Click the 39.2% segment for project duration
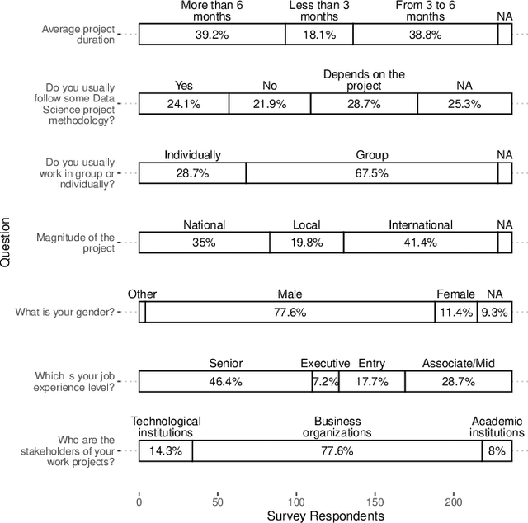[x=212, y=35]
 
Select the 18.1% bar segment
[x=318, y=35]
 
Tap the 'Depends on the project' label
[x=364, y=80]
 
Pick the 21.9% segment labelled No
[x=270, y=104]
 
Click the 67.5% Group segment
[x=372, y=173]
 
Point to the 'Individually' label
[x=192, y=155]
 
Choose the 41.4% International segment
[x=421, y=243]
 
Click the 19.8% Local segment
[x=306, y=243]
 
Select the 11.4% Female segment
[x=455, y=313]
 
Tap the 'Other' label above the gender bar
[x=142, y=294]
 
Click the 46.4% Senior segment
[x=225, y=382]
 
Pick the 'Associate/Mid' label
[x=458, y=363]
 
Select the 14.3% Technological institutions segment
[x=165, y=451]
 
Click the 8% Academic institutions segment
[x=497, y=451]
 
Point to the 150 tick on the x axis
[x=375, y=500]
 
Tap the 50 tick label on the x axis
[x=217, y=500]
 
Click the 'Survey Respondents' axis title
[x=325, y=516]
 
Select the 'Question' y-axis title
[x=7, y=242]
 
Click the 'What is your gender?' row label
[x=66, y=313]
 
